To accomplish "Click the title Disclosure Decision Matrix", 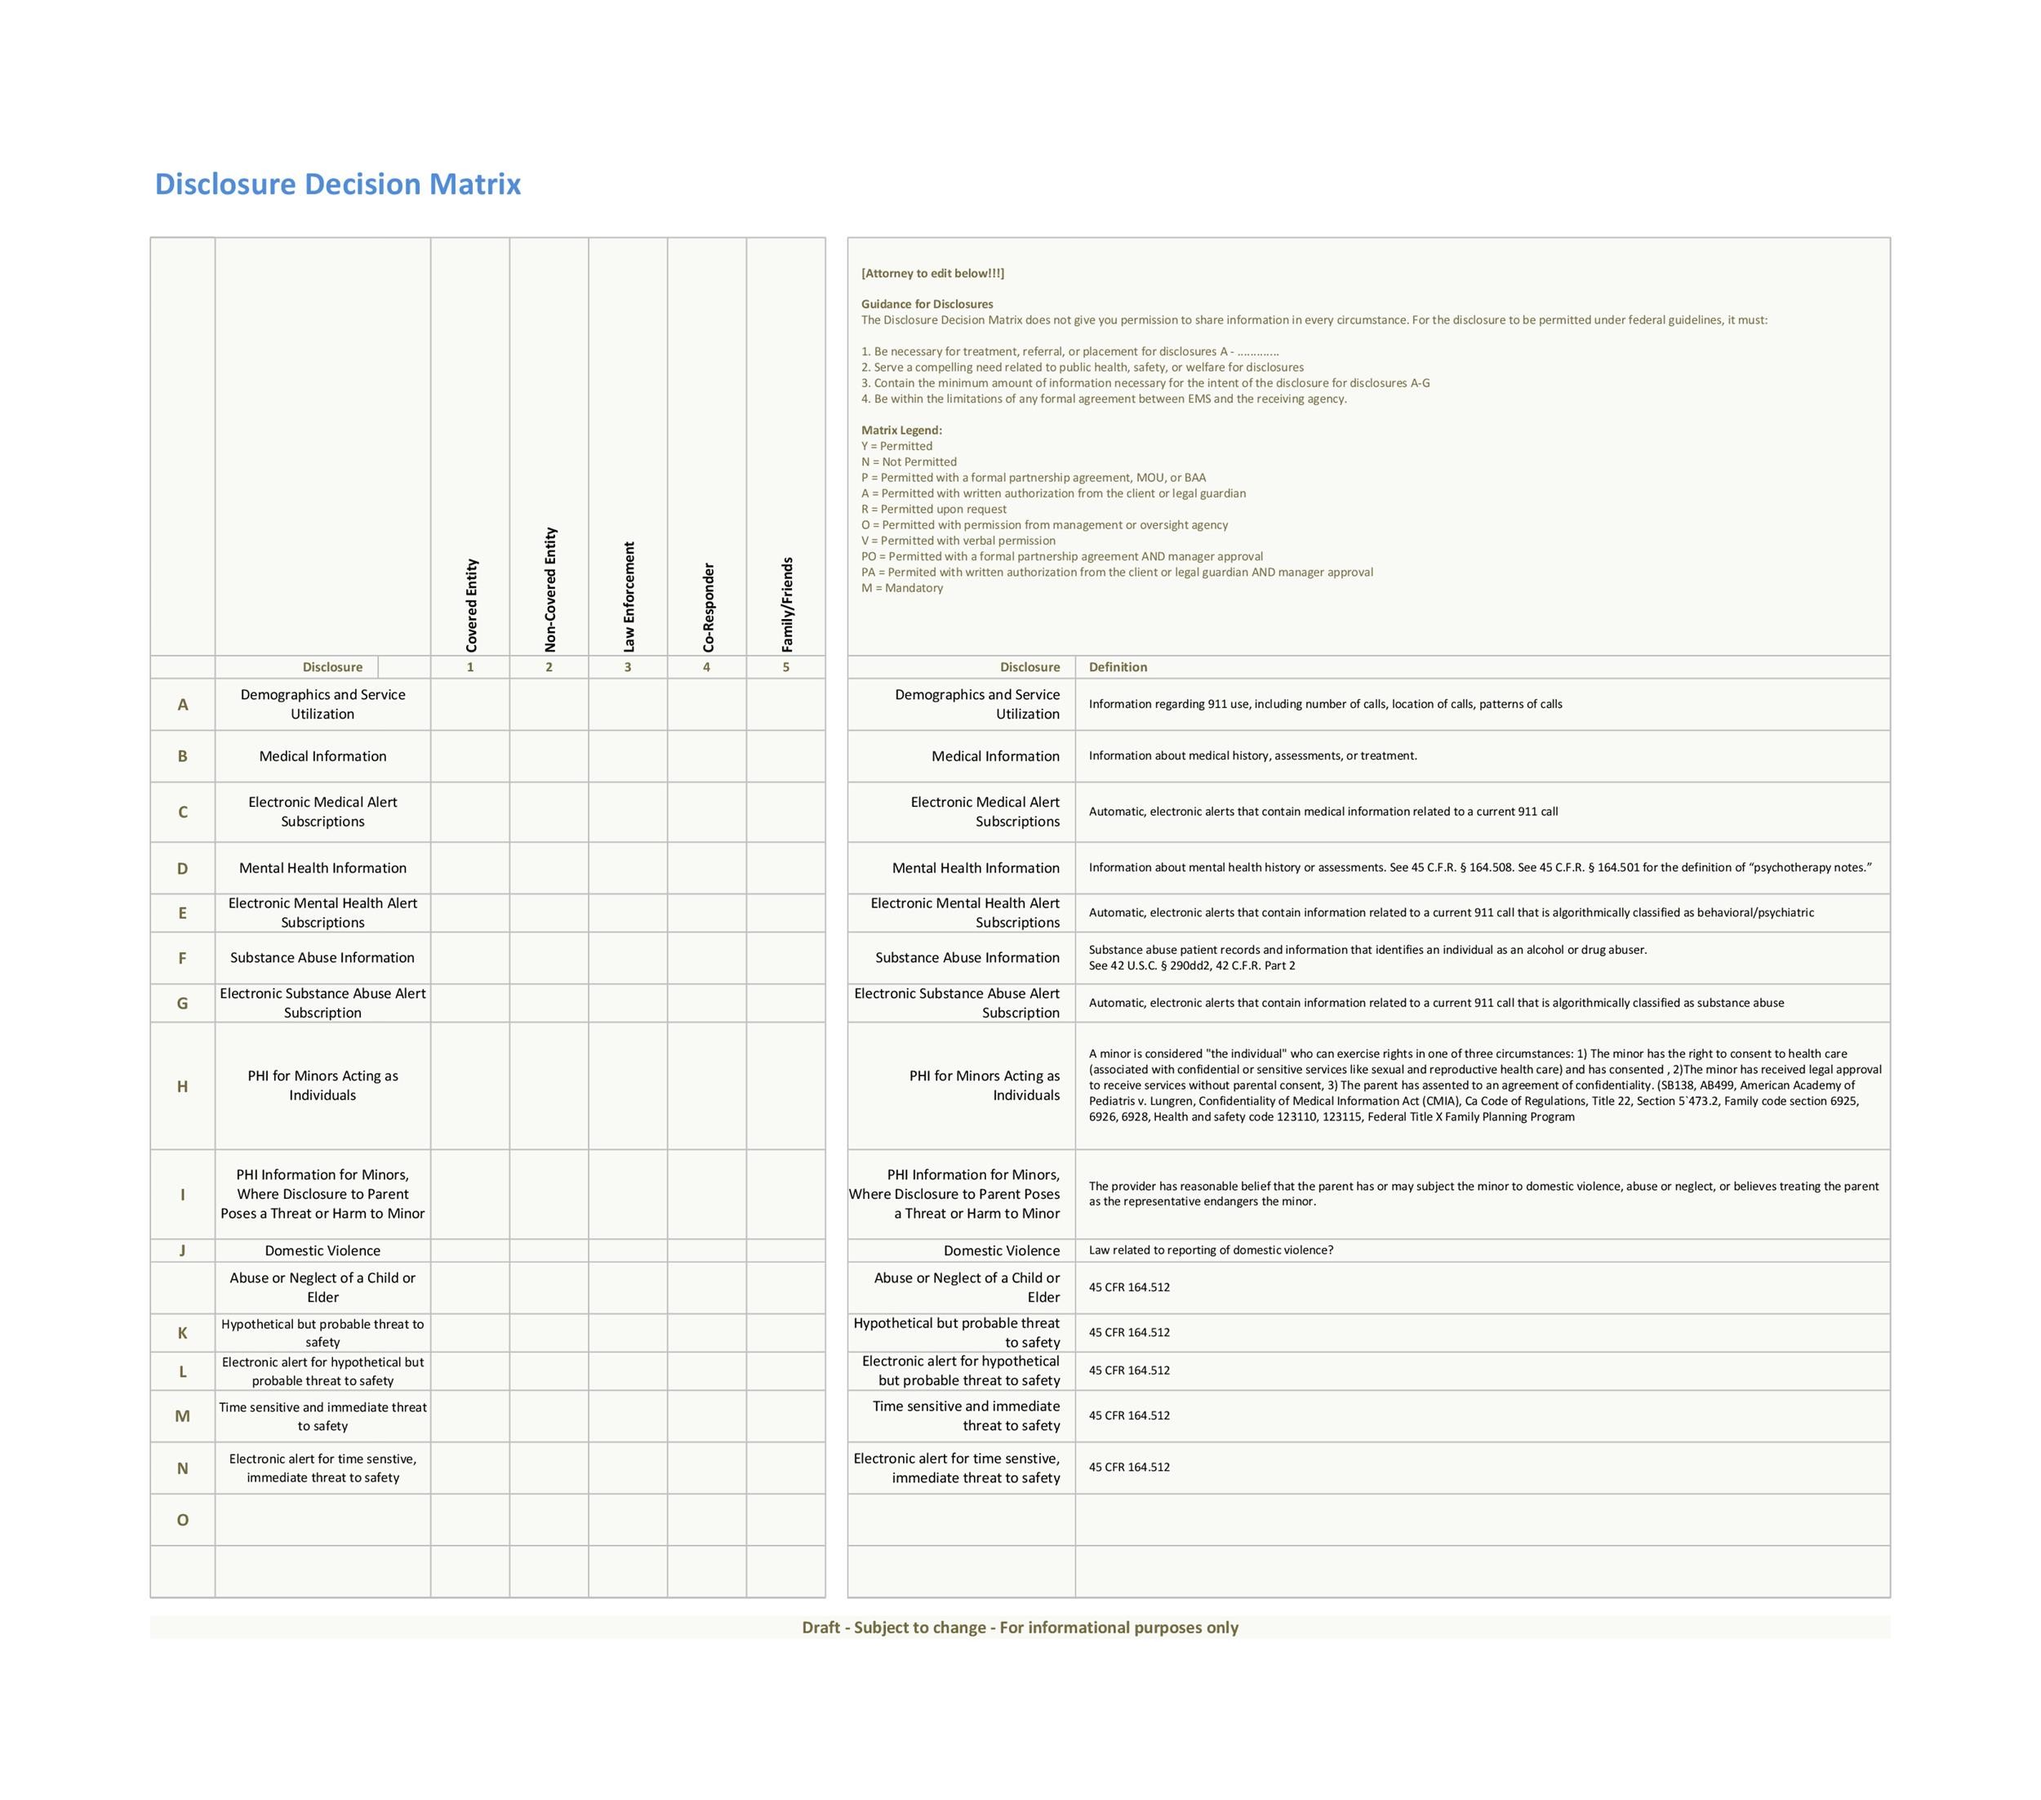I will (337, 184).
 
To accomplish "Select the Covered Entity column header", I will (471, 604).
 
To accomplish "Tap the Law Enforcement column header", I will (628, 596).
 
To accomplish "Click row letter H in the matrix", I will (183, 1085).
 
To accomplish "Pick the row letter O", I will (183, 1519).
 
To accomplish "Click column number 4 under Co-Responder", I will (707, 667).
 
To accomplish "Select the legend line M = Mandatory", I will (901, 588).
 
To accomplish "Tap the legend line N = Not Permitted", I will (909, 461).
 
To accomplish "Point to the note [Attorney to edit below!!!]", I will (932, 273).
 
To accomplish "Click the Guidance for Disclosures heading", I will (927, 304).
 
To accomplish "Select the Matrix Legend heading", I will (901, 430).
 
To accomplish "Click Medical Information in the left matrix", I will (322, 756).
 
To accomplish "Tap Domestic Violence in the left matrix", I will (322, 1250).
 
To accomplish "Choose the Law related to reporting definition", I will (1210, 1250).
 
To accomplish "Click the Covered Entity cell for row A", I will (470, 704).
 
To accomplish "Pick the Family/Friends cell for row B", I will (786, 756).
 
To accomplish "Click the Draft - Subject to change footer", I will (1020, 1627).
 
